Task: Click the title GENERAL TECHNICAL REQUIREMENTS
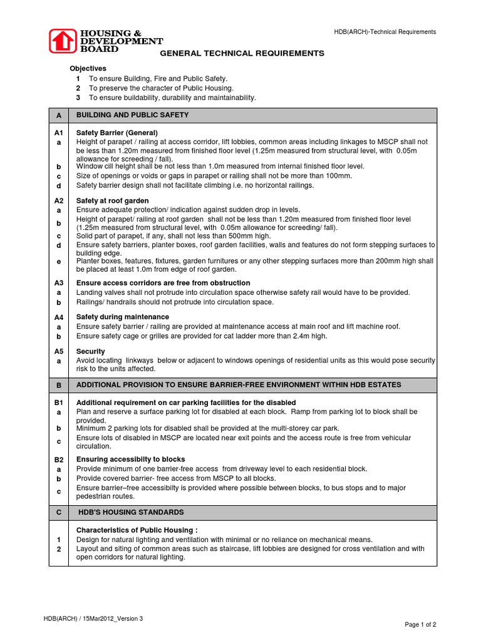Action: coord(242,53)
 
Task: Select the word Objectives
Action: coord(88,68)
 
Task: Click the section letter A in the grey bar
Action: coord(59,115)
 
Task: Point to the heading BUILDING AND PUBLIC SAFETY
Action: coord(132,115)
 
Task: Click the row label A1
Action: coord(59,133)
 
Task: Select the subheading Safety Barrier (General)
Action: coord(117,133)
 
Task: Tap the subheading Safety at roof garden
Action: coord(113,200)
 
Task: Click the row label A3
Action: coord(59,283)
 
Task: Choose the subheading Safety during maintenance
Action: coord(123,317)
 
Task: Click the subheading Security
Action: coord(91,351)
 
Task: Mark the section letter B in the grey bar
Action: coord(59,385)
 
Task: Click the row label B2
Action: coord(59,459)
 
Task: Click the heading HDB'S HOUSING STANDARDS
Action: coord(131,512)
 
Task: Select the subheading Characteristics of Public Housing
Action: coord(137,530)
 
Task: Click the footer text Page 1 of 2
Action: coord(420,625)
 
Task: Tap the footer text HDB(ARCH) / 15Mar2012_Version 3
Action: coord(93,618)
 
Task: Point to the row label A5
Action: coord(59,351)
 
